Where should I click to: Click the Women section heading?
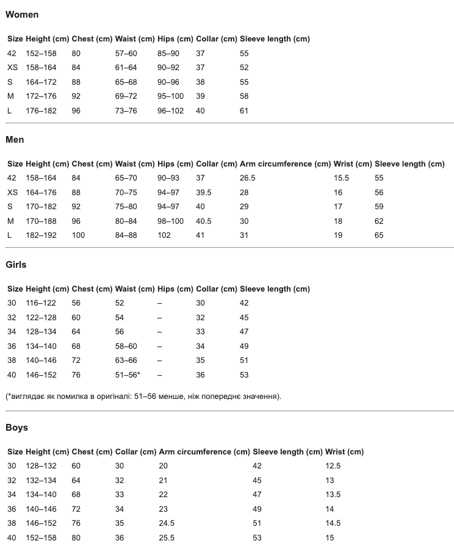click(22, 15)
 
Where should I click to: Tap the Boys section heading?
click(17, 428)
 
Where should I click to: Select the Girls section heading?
click(16, 265)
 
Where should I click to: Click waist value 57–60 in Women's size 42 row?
click(126, 54)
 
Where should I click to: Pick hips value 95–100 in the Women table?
click(170, 96)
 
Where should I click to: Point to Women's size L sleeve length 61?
click(244, 111)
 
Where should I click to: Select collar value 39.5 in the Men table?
click(204, 193)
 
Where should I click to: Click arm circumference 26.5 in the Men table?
click(248, 178)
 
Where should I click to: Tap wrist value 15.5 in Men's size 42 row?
click(341, 178)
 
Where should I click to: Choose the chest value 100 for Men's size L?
click(79, 235)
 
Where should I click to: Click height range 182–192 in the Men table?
click(41, 235)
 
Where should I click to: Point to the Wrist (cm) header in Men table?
click(353, 164)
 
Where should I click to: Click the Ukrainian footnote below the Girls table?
click(143, 396)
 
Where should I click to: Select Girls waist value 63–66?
click(126, 361)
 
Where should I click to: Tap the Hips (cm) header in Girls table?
click(175, 289)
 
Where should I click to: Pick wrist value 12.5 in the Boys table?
click(334, 466)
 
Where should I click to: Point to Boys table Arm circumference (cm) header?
click(204, 452)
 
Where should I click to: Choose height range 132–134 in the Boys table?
click(41, 481)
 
